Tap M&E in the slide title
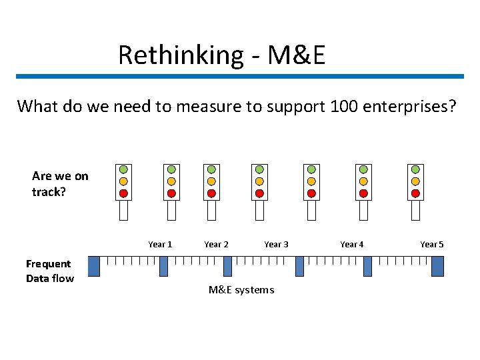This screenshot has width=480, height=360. tap(296, 55)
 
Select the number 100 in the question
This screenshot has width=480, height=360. tap(345, 106)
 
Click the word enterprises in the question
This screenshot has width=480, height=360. tap(411, 107)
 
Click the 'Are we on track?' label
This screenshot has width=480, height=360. tap(59, 183)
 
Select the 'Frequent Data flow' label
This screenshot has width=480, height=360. tap(49, 271)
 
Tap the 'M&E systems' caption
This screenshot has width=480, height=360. tap(241, 289)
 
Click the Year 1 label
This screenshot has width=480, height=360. tap(160, 245)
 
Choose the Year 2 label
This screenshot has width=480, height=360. tap(216, 245)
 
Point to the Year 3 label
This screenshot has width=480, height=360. tap(276, 245)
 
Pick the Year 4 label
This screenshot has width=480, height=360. tap(351, 245)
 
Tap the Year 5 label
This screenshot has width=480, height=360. tap(431, 245)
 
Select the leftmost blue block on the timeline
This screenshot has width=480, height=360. tap(94, 266)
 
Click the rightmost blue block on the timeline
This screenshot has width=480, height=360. tap(437, 266)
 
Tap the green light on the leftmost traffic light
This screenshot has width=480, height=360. tap(123, 169)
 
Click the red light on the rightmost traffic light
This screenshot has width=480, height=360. tap(415, 193)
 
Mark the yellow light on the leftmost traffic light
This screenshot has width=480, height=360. tap(123, 181)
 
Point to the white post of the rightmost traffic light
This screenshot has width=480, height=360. tap(415, 210)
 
